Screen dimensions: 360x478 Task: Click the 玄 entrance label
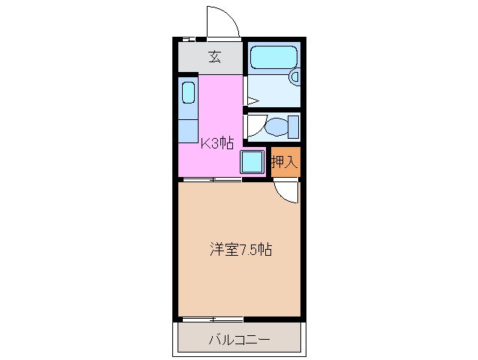pyautogui.click(x=214, y=56)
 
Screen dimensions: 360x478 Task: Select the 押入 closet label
pyautogui.click(x=285, y=160)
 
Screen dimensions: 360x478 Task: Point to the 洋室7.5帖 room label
pyautogui.click(x=240, y=250)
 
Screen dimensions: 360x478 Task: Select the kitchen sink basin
pyautogui.click(x=188, y=94)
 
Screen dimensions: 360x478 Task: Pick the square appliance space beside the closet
pyautogui.click(x=252, y=162)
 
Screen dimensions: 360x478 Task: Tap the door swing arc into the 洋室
pyautogui.click(x=286, y=192)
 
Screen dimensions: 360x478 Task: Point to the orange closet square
pyautogui.click(x=285, y=162)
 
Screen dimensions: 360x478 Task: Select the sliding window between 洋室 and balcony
pyautogui.click(x=213, y=319)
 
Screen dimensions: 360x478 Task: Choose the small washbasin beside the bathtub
pyautogui.click(x=295, y=76)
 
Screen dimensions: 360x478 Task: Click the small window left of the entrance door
pyautogui.click(x=190, y=38)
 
